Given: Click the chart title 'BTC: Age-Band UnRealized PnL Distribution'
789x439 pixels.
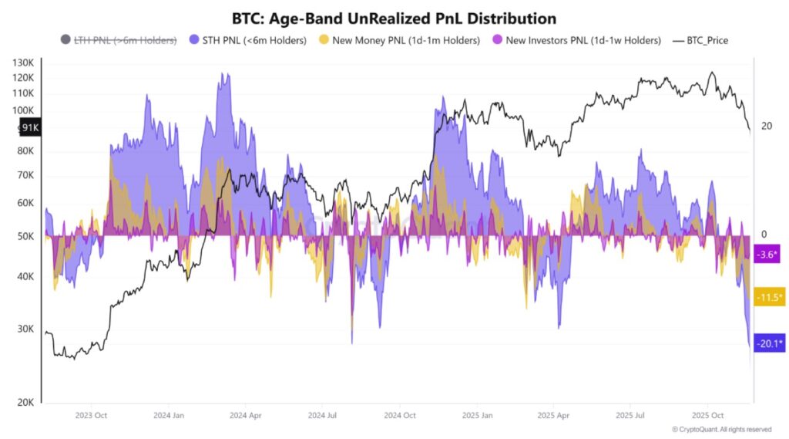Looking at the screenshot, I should point(394,17).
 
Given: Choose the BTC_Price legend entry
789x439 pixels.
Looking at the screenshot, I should point(701,40).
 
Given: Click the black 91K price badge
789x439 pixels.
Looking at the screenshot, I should point(30,128).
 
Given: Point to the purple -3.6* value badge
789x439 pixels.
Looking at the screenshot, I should point(768,254).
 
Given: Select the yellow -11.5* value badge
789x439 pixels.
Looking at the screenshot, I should point(768,297).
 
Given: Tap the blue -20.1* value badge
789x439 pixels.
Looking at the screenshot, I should point(768,343).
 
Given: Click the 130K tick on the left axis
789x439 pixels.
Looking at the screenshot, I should point(24,62).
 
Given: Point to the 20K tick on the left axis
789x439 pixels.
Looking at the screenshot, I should point(24,403).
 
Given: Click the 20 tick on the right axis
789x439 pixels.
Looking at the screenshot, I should point(766,126).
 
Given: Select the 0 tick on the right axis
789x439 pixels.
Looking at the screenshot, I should point(764,235).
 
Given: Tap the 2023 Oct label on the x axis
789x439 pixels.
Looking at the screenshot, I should point(91,415).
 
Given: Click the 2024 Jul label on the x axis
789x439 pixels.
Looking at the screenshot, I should point(322,415).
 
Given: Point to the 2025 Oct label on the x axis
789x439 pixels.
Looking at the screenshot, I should point(707,415).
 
